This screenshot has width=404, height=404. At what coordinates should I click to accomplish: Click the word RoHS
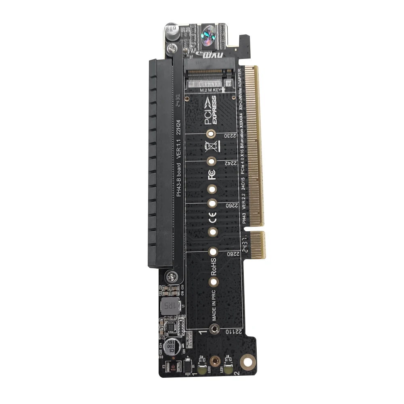coord(212,266)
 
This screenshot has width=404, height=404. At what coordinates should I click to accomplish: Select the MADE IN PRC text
coord(213,306)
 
